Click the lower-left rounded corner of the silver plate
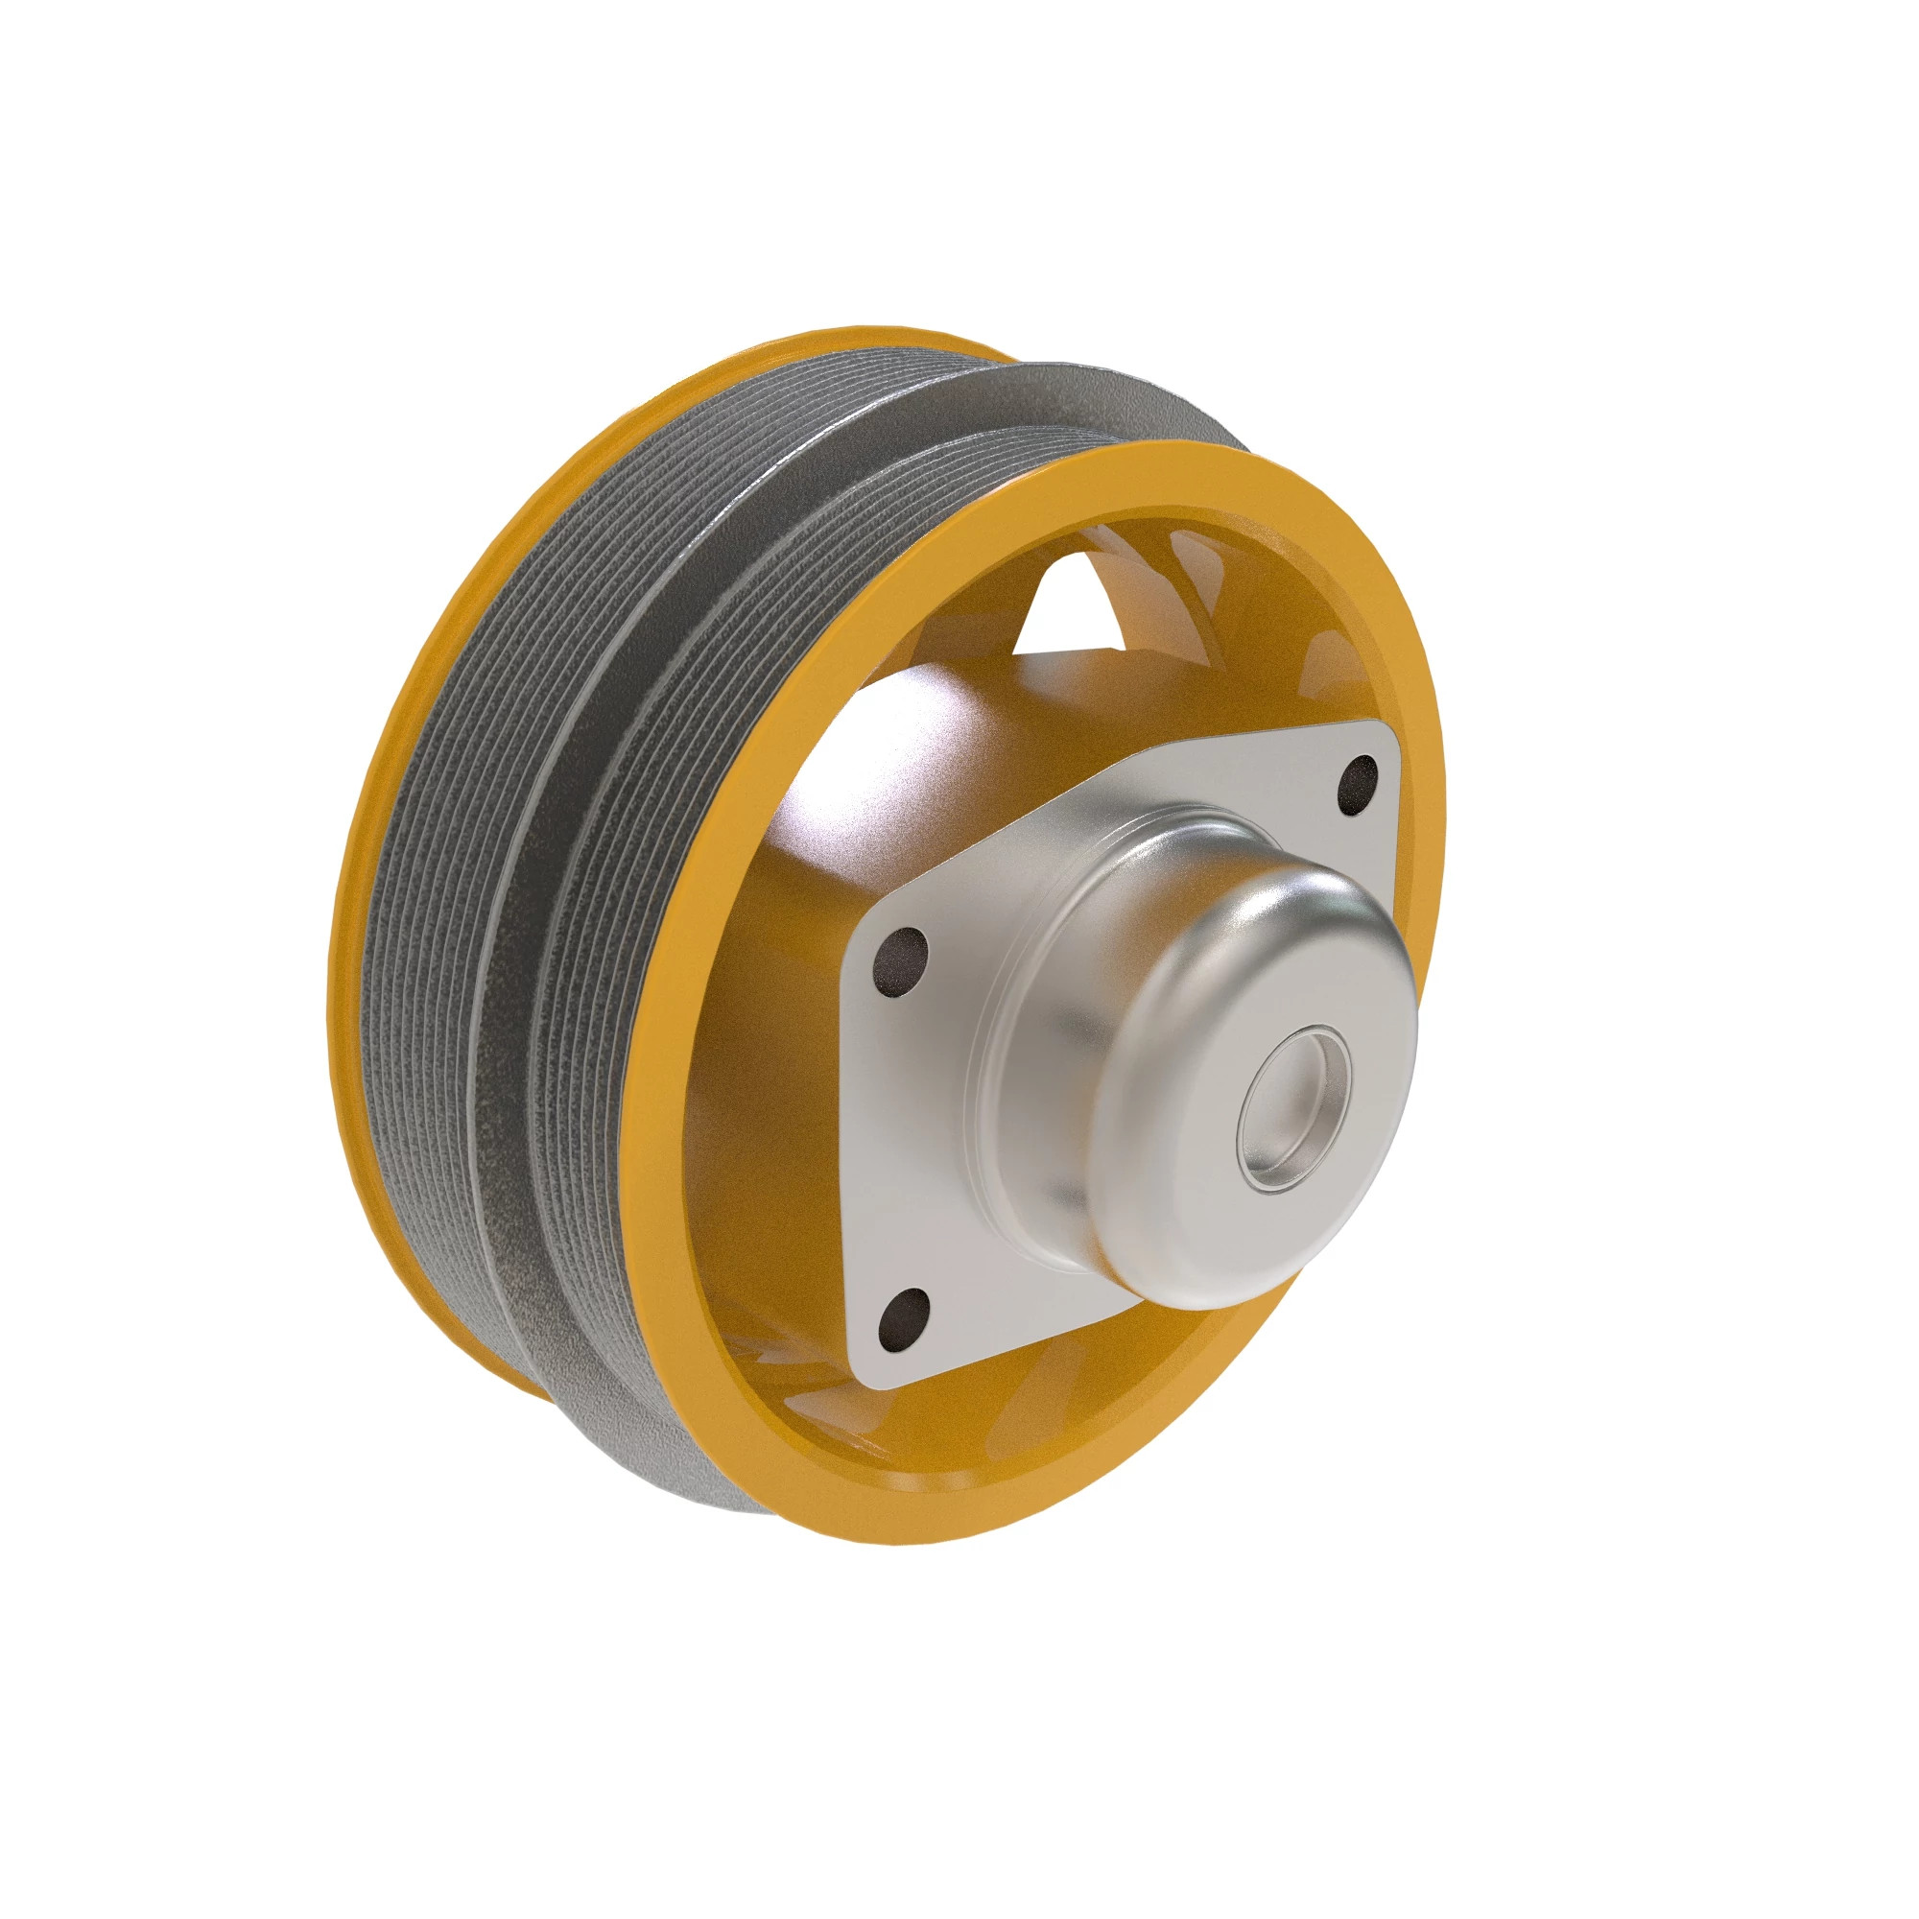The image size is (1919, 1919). point(874,1376)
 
